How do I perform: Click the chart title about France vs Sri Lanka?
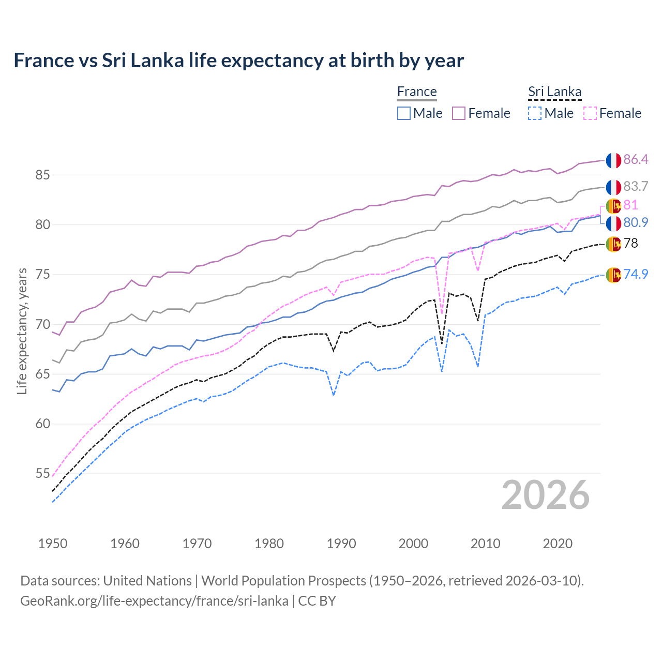coord(238,61)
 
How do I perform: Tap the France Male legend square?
coord(404,113)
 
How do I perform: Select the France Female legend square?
coord(459,113)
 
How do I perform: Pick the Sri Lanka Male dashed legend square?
coord(535,113)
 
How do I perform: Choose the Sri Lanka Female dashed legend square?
coord(590,113)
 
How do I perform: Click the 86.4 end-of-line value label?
coord(636,160)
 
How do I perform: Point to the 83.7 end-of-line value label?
coord(636,186)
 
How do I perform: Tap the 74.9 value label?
coord(636,274)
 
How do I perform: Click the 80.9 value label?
coord(636,223)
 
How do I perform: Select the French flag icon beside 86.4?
coord(613,160)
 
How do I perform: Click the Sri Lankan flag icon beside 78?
coord(613,244)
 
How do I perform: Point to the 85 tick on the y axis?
coord(42,175)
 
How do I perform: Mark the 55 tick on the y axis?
coord(42,474)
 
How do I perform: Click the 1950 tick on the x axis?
coord(53,544)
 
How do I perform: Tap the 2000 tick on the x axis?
coord(413,544)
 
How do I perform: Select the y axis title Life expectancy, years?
coord(22,331)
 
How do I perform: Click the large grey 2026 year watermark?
coord(545,495)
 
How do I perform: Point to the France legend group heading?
coord(417,92)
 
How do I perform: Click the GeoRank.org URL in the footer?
coord(154,601)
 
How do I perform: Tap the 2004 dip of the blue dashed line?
coord(442,371)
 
